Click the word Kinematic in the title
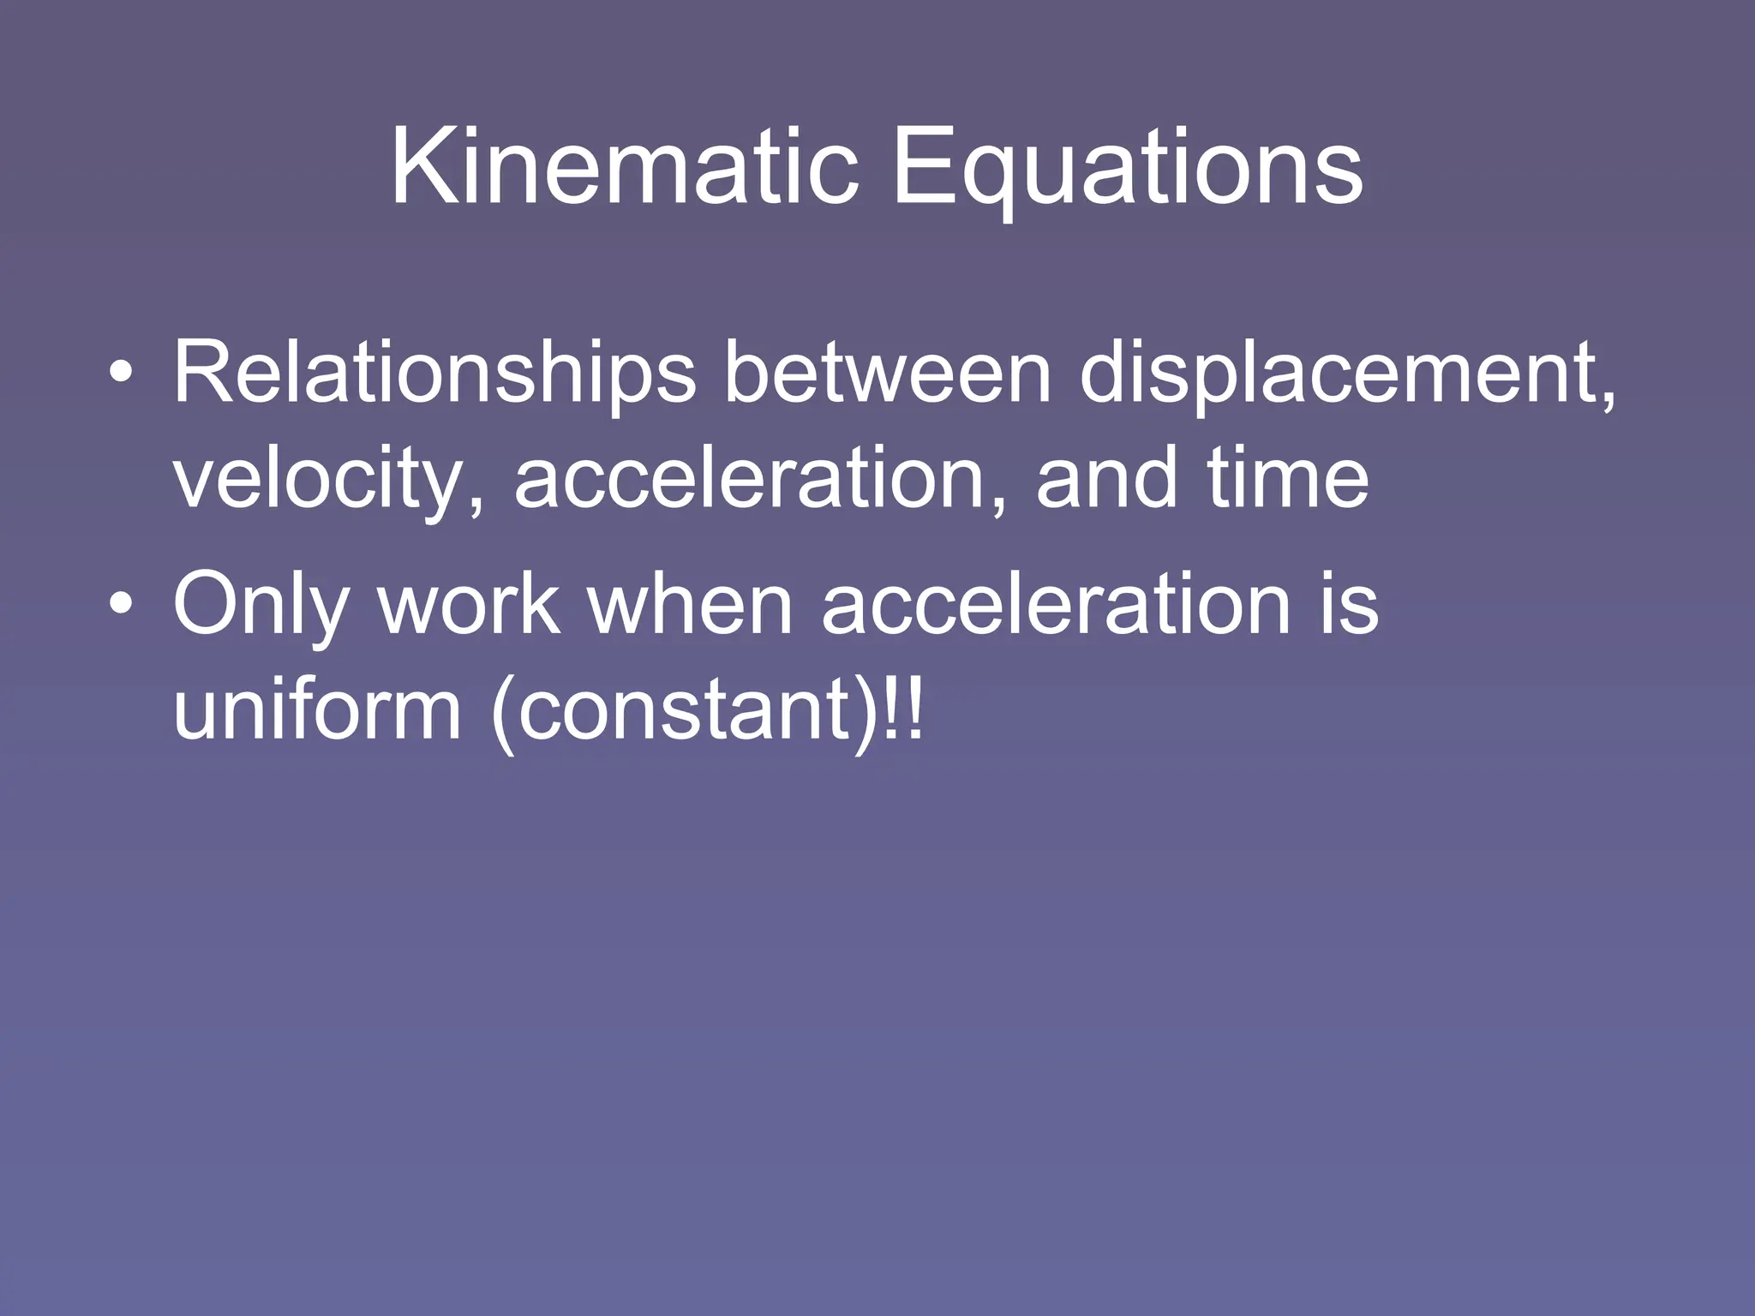click(624, 167)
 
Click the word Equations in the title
click(1127, 167)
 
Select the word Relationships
click(434, 374)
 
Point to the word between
click(887, 374)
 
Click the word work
click(470, 605)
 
